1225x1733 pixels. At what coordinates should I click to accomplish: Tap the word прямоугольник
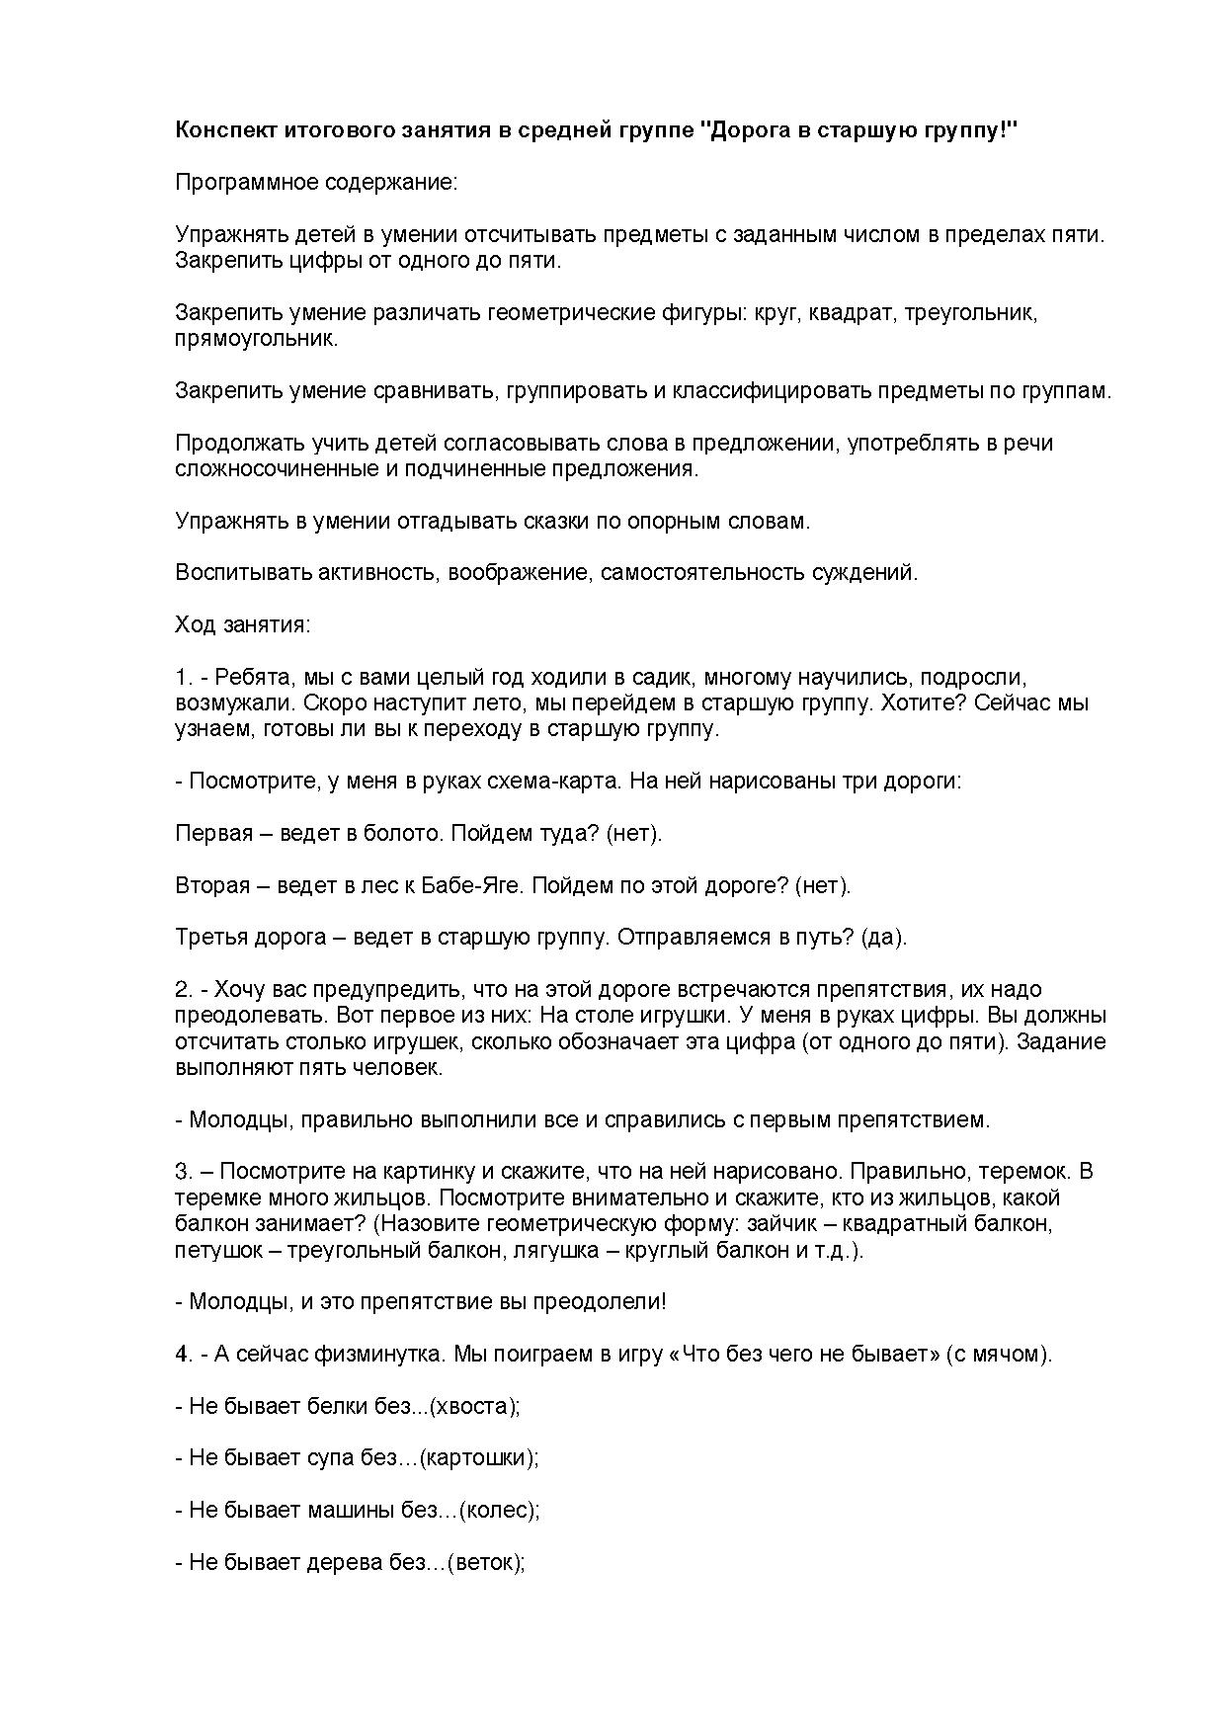click(x=255, y=339)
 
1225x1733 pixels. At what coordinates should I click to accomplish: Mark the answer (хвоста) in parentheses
click(x=478, y=1406)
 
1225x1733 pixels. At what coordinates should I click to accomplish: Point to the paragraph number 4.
click(x=182, y=1354)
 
